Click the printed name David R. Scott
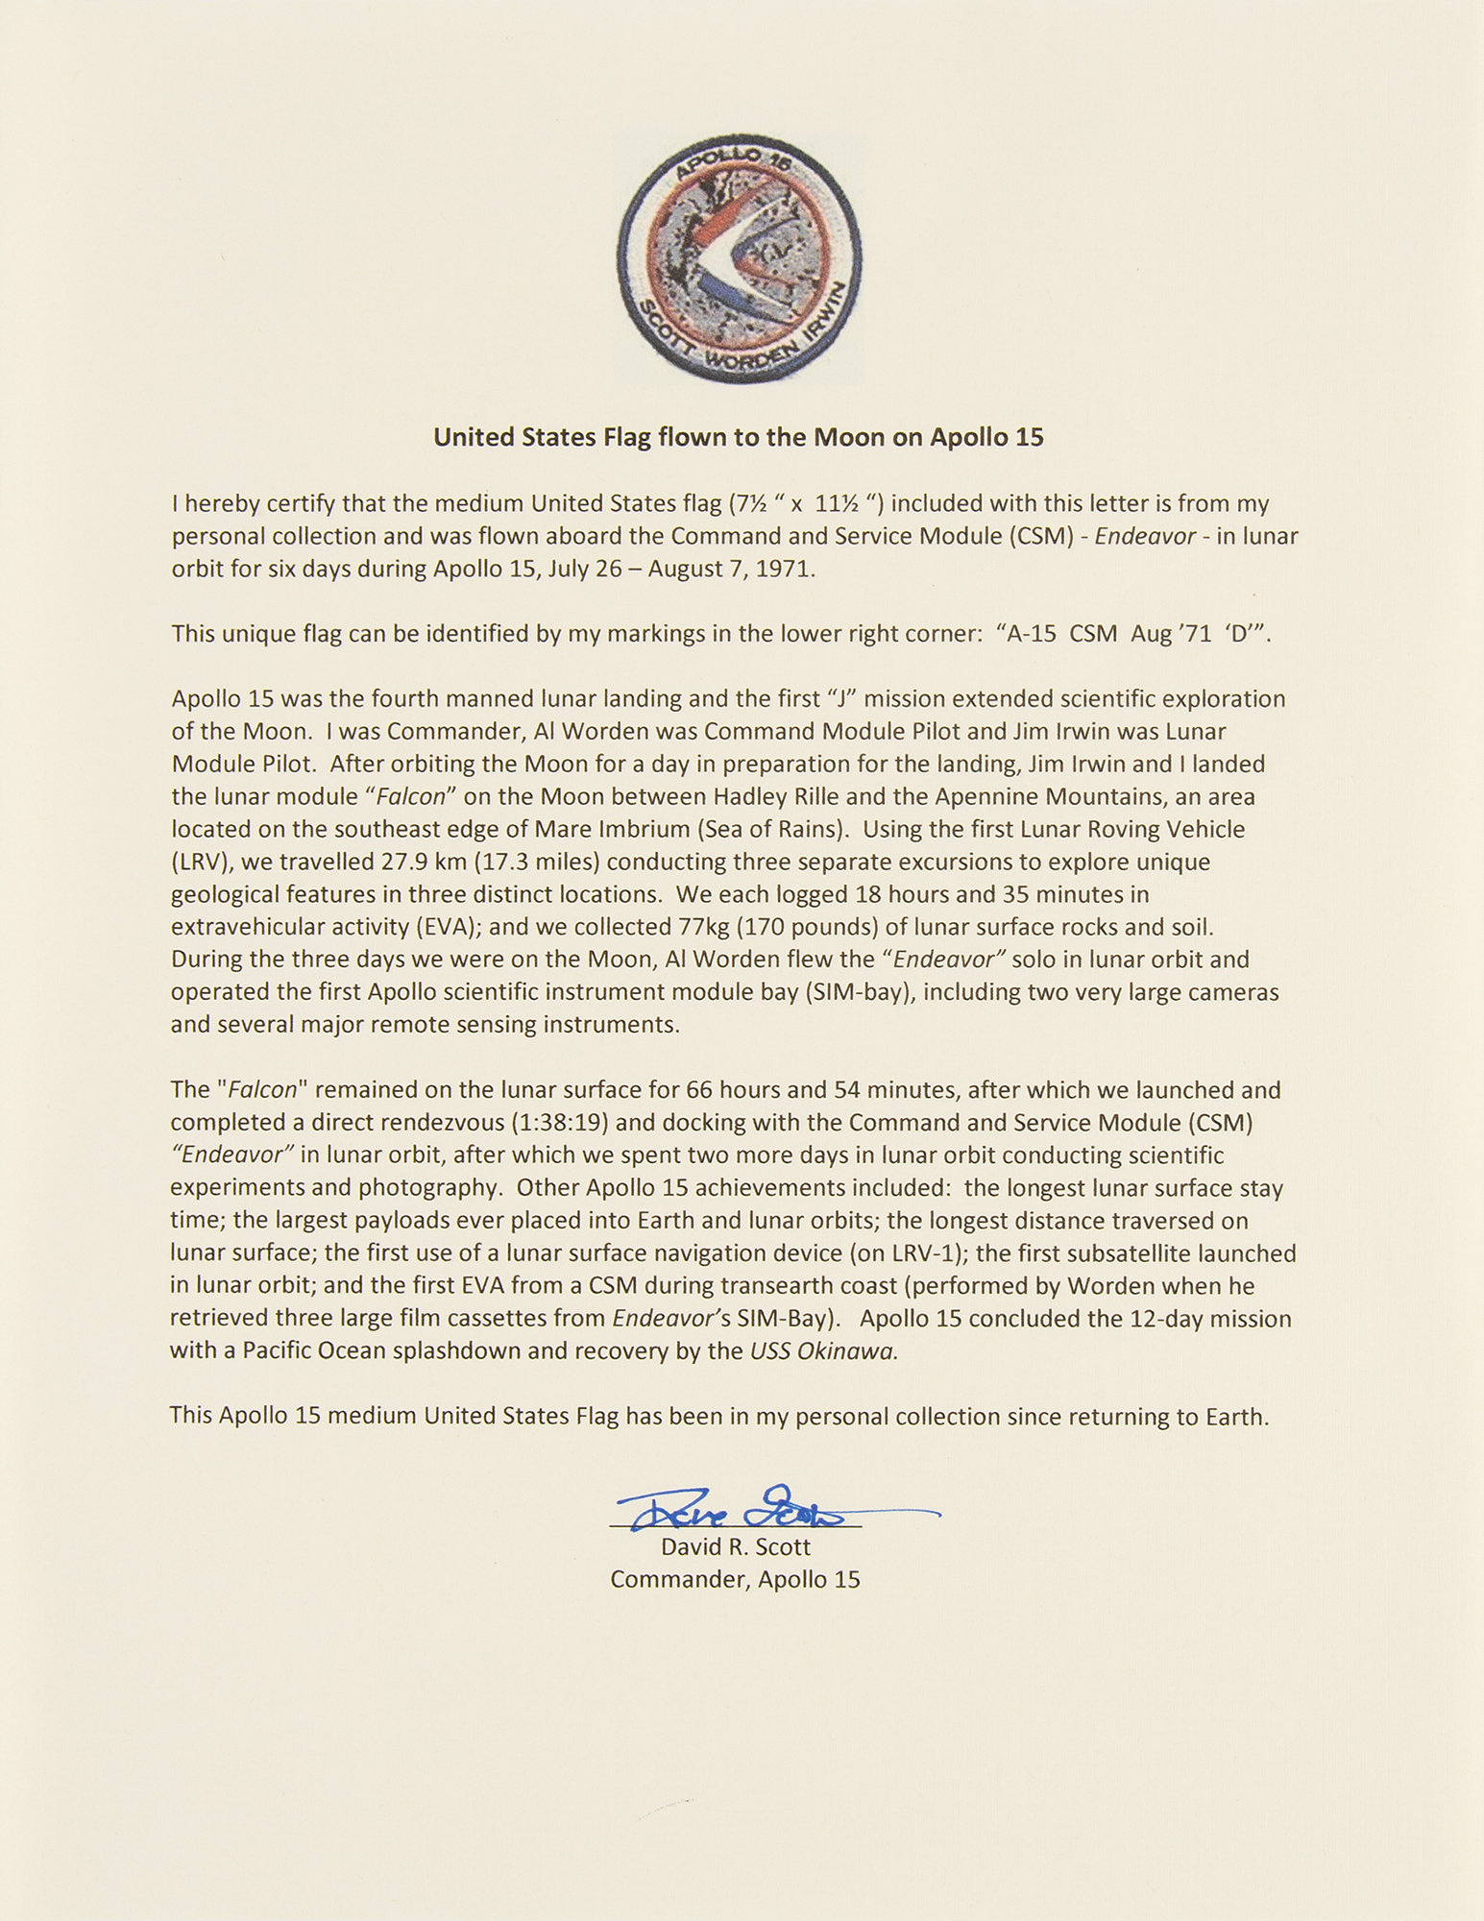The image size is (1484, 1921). [x=736, y=1546]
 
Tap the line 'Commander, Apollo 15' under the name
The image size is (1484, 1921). [x=736, y=1579]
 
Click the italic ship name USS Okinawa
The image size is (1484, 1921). [x=823, y=1351]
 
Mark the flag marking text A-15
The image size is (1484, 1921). [x=1030, y=634]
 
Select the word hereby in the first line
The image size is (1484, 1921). [x=223, y=503]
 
